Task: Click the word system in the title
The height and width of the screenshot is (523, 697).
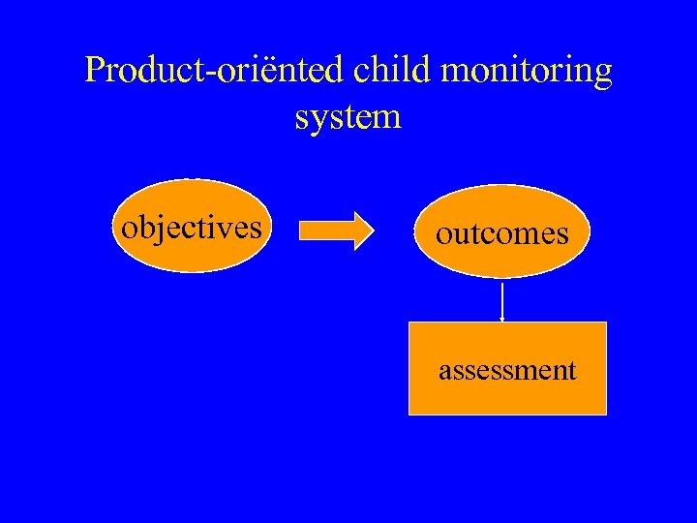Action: click(348, 117)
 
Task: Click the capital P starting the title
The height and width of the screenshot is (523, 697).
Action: click(94, 70)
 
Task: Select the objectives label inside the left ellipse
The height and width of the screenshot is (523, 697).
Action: click(191, 228)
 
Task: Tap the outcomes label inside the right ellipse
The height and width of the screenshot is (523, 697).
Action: click(501, 233)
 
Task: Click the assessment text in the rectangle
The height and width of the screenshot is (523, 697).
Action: click(507, 370)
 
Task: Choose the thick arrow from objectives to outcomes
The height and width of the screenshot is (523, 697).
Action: click(334, 231)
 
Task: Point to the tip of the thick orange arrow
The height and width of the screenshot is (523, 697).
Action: click(373, 231)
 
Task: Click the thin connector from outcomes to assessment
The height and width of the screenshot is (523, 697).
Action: click(502, 301)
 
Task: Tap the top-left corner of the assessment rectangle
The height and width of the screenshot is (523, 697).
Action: click(409, 323)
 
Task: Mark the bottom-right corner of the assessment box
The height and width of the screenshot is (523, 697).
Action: click(606, 414)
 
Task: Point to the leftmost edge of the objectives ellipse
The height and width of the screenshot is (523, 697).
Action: click(112, 227)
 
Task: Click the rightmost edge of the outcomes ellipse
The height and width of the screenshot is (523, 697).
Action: click(589, 231)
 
